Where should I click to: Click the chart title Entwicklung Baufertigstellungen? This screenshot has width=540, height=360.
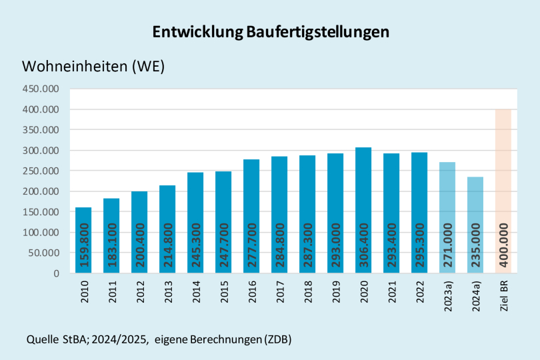coord(270,32)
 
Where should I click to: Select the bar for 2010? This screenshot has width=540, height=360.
coord(83,240)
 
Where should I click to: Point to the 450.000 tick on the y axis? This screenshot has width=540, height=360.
coord(41,89)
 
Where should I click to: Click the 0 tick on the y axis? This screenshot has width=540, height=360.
coord(56,273)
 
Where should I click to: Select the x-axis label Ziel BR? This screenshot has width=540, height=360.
coord(503,294)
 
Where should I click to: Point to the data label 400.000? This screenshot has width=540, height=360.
coord(504,245)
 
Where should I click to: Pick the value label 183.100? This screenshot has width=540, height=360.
coord(112,245)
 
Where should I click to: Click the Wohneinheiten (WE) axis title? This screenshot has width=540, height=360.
coord(93,67)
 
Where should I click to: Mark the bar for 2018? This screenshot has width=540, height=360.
coord(307,214)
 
